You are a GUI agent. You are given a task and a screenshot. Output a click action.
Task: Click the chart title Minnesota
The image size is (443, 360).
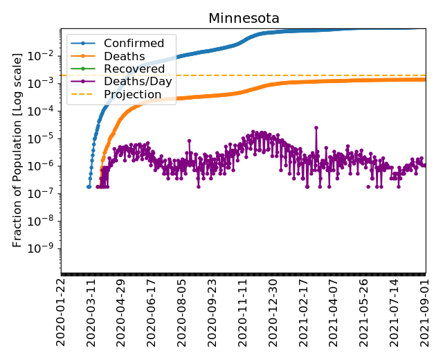click(x=244, y=19)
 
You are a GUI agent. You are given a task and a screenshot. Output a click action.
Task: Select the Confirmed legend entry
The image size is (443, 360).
click(x=134, y=43)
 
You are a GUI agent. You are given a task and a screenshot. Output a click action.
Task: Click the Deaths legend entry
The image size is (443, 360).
click(x=124, y=56)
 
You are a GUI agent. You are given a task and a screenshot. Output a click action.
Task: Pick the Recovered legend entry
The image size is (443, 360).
click(x=134, y=69)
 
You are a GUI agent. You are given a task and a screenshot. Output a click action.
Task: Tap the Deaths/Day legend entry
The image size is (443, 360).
click(x=138, y=81)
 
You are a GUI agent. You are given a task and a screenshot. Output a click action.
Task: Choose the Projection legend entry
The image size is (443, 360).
click(x=132, y=94)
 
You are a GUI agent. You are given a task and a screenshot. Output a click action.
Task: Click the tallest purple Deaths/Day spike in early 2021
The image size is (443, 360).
click(x=316, y=127)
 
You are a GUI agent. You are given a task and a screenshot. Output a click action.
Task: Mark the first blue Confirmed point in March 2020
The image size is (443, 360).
click(x=89, y=186)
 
